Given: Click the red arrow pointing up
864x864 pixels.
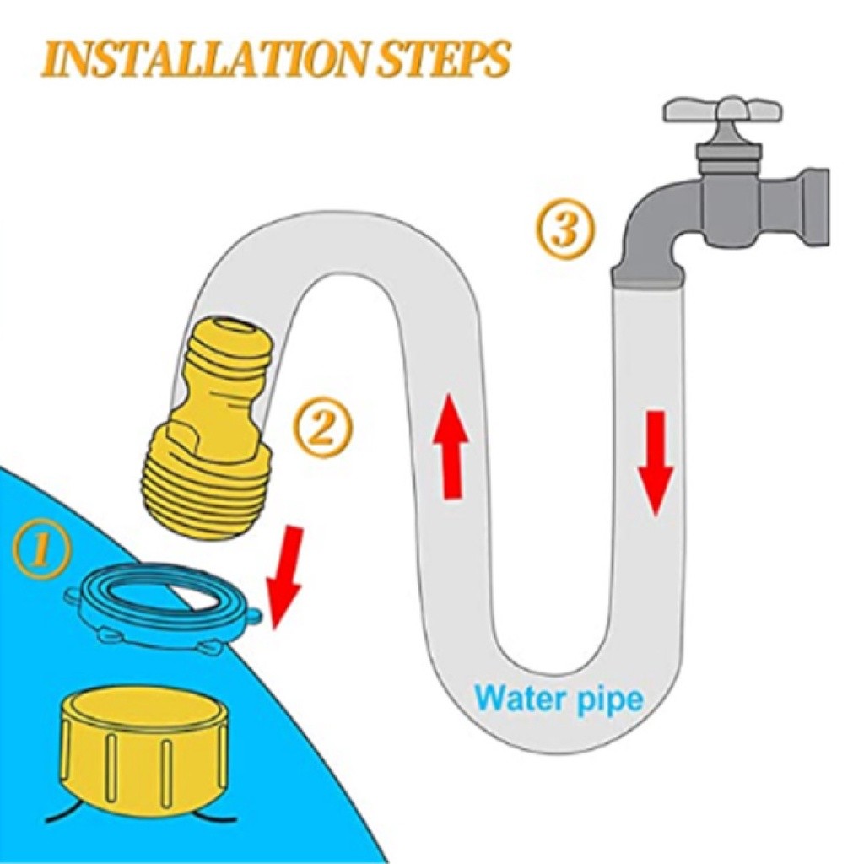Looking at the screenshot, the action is click(x=451, y=446).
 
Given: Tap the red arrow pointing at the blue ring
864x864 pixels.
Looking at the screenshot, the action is click(x=285, y=575).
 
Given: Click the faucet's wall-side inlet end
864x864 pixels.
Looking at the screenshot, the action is click(x=814, y=208).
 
